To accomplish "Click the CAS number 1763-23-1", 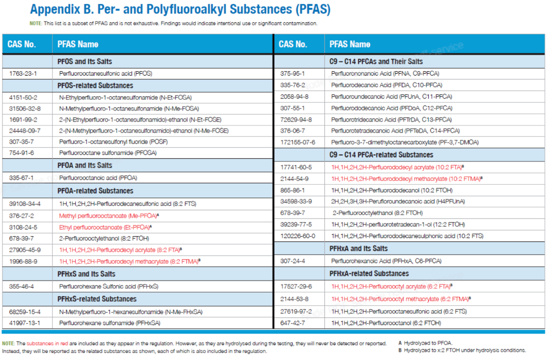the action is click(x=23, y=73).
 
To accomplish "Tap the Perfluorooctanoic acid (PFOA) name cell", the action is click(x=98, y=178).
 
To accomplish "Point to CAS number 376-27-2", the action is click(x=22, y=216).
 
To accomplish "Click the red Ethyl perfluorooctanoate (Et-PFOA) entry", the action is click(x=105, y=227).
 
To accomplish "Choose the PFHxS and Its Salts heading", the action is click(x=87, y=274).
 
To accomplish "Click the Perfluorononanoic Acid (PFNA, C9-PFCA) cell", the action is click(x=385, y=73).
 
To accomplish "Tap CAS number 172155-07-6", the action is click(x=298, y=142).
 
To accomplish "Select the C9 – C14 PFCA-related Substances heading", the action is click(x=381, y=155).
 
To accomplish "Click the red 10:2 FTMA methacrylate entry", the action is click(x=407, y=179).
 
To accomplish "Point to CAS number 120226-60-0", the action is click(x=298, y=236).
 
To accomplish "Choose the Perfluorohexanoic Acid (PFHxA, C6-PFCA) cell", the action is click(x=386, y=261).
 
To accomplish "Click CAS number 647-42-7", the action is click(x=293, y=323).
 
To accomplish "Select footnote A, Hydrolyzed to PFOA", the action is click(x=425, y=343).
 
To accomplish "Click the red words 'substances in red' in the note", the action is click(x=47, y=343).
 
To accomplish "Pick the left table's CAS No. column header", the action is click(x=22, y=44).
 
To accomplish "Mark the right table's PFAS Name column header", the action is click(x=350, y=44).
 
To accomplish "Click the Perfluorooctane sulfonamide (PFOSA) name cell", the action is click(x=108, y=153).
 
